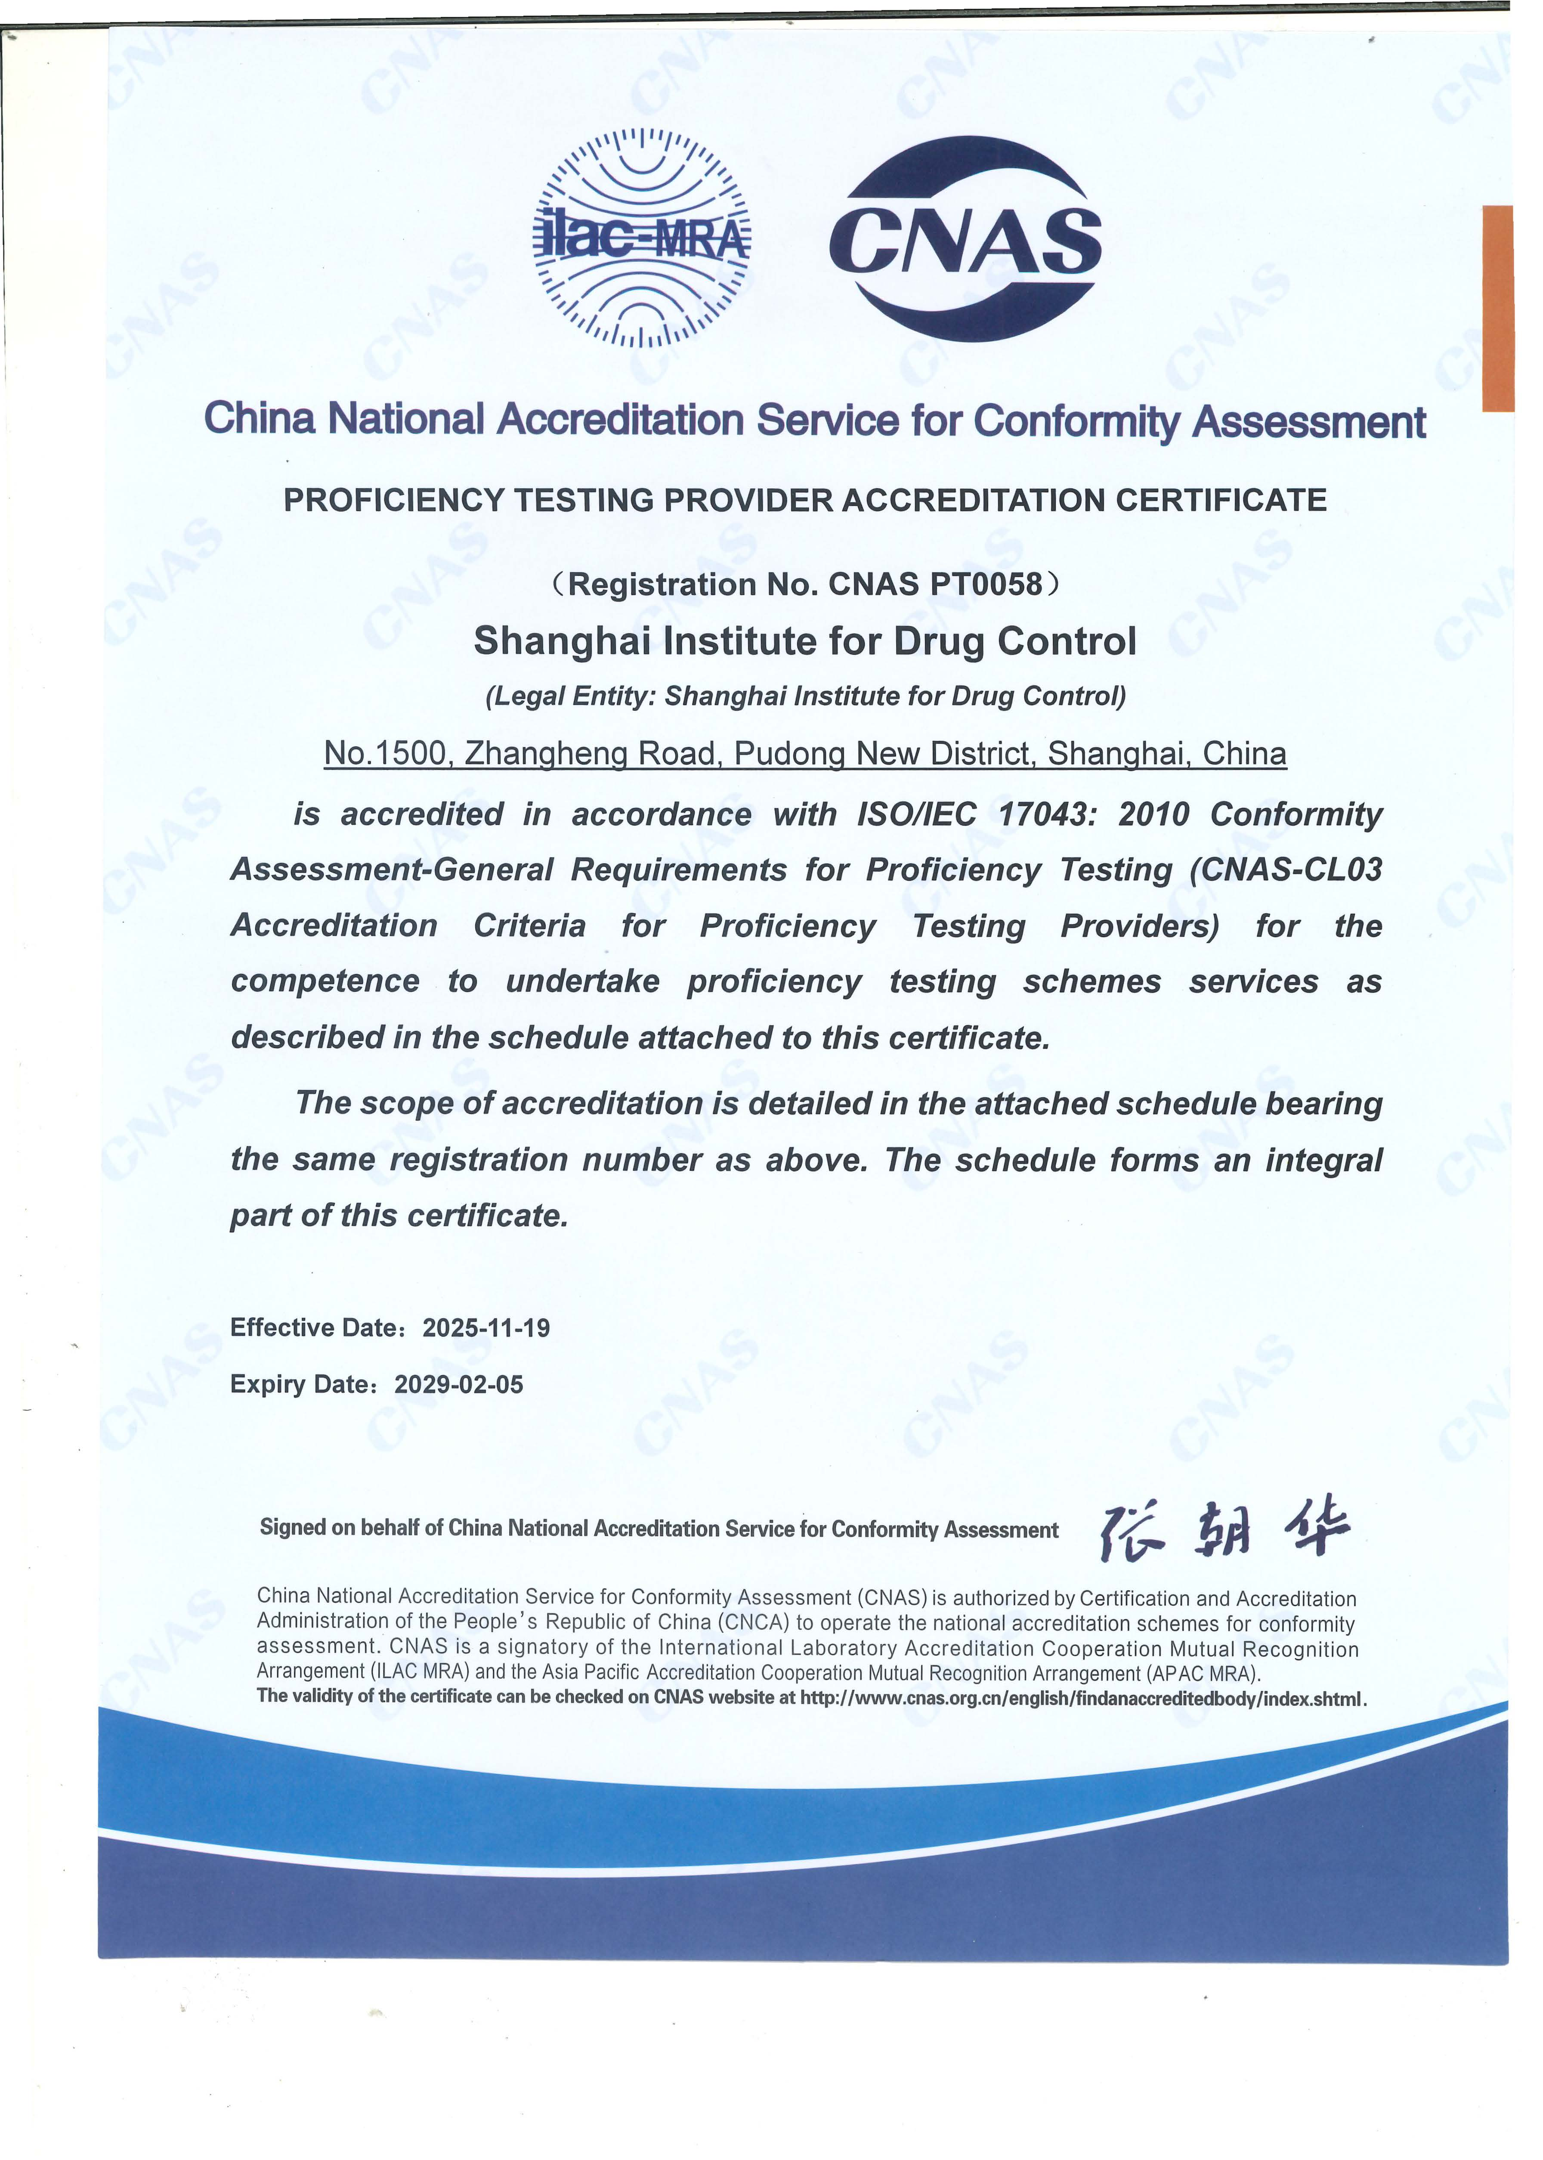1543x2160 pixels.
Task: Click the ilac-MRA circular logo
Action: pyautogui.click(x=641, y=238)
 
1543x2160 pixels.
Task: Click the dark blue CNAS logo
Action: pyautogui.click(x=965, y=239)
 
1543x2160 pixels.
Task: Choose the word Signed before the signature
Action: pyautogui.click(x=293, y=1527)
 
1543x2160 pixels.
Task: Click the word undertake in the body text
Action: pyautogui.click(x=582, y=982)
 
